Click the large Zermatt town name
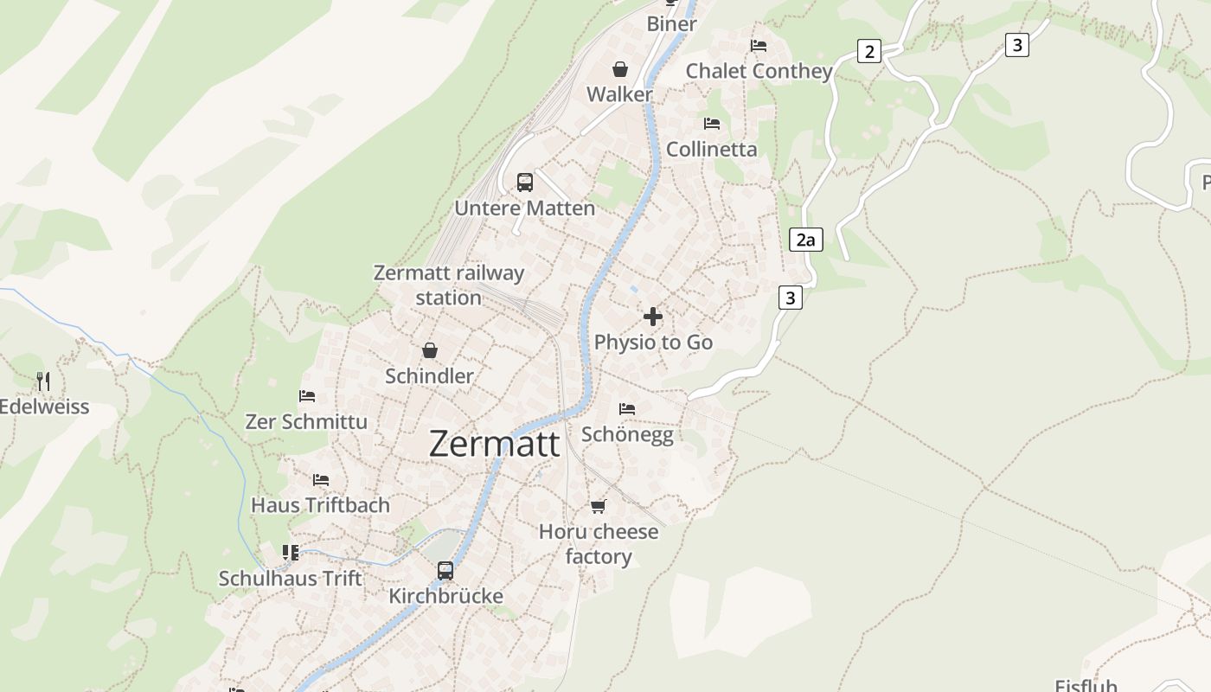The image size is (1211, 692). [494, 444]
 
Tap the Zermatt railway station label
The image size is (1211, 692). [448, 285]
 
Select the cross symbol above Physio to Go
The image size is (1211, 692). [653, 317]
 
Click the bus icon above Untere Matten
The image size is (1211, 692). [525, 183]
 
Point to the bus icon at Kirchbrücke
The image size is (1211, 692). [445, 571]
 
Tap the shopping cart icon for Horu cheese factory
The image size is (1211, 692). [599, 506]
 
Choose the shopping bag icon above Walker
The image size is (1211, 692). [620, 69]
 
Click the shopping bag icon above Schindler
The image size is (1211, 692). [430, 350]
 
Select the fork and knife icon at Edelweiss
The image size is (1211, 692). [43, 381]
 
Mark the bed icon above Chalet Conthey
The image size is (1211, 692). [759, 46]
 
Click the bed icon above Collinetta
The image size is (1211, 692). [712, 124]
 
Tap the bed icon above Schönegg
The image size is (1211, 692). [627, 408]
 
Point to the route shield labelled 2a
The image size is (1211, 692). [805, 240]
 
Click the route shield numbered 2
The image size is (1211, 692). [868, 52]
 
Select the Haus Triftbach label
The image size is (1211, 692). [320, 505]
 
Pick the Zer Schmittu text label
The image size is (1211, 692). [306, 422]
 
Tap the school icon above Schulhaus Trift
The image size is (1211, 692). [291, 552]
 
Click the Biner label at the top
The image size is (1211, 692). [671, 24]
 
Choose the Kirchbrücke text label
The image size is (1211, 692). [445, 596]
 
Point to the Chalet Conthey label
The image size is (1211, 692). [759, 71]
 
